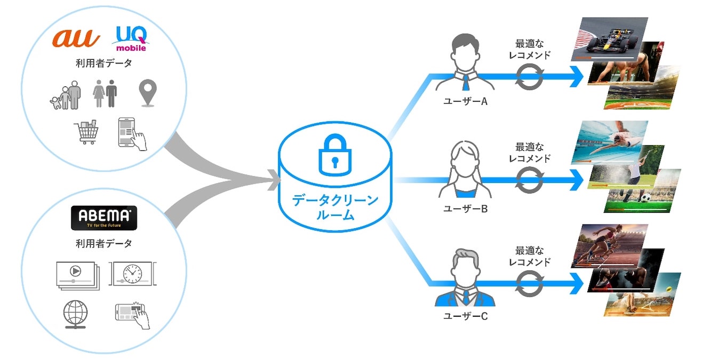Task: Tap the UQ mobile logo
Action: [x=131, y=39]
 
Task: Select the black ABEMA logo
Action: [x=104, y=218]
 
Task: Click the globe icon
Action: [x=75, y=314]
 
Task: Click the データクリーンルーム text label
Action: [x=334, y=208]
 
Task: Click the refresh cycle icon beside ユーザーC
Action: [x=529, y=283]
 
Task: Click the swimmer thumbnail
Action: [x=610, y=142]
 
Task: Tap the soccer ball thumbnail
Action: [x=643, y=193]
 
